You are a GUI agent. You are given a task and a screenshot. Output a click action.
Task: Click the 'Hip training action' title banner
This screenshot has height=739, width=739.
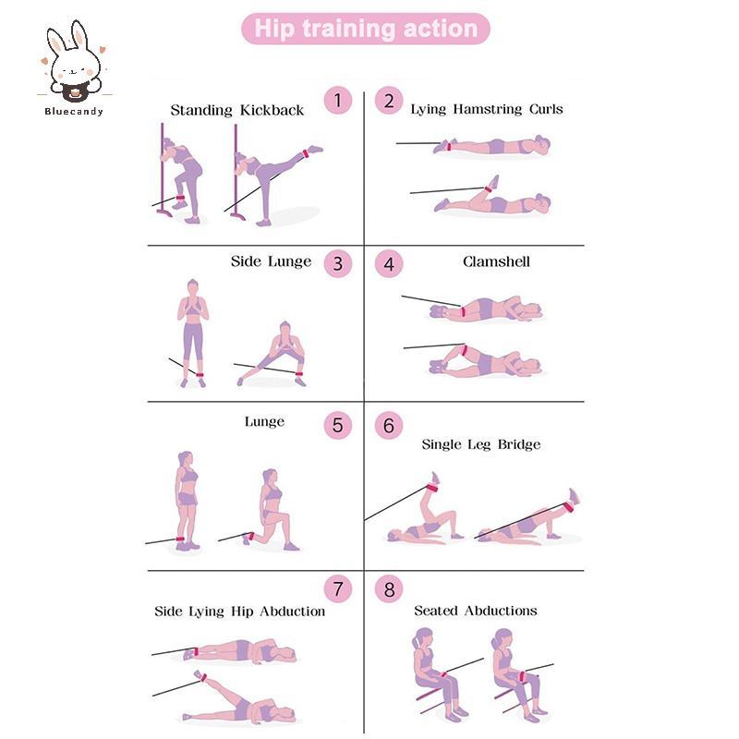point(365,29)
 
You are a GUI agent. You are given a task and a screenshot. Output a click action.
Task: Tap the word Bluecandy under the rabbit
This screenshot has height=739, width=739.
point(74,112)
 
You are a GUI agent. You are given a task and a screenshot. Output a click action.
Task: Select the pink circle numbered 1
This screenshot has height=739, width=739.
point(338,101)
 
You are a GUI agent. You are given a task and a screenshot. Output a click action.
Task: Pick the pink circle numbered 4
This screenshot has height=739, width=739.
point(389,263)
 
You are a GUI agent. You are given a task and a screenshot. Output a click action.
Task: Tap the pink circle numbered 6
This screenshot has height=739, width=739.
point(389,425)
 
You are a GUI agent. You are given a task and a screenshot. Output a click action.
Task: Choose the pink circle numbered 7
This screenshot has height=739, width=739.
point(338,588)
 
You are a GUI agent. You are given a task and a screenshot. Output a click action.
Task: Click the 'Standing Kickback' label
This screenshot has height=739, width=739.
point(237,110)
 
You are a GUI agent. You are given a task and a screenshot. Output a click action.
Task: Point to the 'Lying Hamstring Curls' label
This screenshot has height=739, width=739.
point(487,110)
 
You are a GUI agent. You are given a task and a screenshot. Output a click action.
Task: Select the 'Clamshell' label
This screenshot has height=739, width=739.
point(496,261)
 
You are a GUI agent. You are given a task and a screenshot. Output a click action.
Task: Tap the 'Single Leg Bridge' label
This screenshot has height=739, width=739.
point(480,445)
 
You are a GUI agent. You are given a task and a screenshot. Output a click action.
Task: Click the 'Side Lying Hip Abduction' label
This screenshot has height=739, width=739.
point(240,612)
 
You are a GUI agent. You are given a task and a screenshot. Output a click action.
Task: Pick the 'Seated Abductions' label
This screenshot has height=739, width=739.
point(476,611)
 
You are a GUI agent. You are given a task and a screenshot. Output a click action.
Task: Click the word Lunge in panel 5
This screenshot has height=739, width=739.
point(264,422)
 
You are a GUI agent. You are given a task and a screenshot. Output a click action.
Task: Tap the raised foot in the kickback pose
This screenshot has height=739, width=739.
point(315,150)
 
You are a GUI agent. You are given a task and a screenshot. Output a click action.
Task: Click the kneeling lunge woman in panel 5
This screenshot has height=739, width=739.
point(272,510)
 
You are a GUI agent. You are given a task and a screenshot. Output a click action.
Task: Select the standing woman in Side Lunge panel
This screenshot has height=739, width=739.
point(193,333)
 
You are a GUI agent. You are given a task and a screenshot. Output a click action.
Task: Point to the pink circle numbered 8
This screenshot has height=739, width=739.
point(389,588)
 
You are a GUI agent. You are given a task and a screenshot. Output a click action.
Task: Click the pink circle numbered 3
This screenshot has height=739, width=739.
point(338,263)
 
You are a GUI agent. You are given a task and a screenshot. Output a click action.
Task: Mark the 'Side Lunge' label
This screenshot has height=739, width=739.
point(271,261)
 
